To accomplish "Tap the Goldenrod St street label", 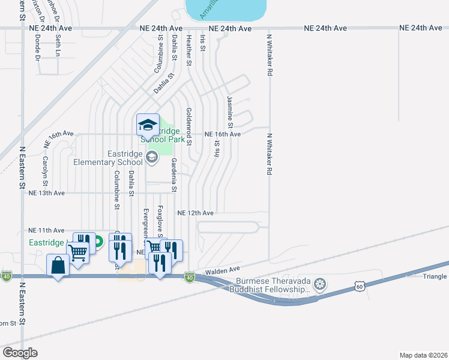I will (188, 127).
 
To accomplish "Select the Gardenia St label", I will (173, 175).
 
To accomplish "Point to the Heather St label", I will (188, 50).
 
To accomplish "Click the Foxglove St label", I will (160, 221).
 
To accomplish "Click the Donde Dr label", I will (38, 47).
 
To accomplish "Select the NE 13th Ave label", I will (46, 193).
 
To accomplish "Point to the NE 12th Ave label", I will (196, 213).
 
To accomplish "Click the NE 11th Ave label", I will (46, 230).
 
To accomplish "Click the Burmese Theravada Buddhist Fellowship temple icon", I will (320, 283).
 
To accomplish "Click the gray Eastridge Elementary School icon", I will (151, 158).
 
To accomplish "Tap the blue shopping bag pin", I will (58, 265).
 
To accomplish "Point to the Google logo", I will (20, 353).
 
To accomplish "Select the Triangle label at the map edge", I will (435, 276).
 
